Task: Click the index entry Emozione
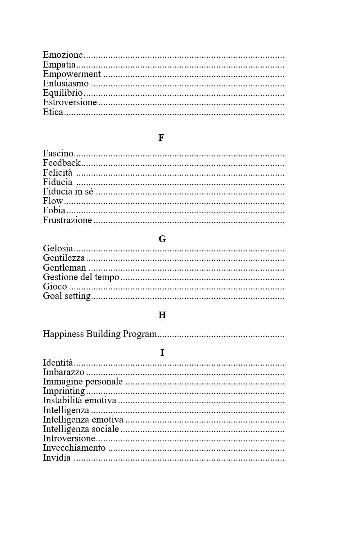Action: tap(63, 55)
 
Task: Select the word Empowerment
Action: tap(72, 74)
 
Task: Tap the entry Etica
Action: tap(53, 112)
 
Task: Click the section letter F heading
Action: tap(161, 138)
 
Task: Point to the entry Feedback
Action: tap(62, 163)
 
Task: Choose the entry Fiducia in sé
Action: tap(68, 192)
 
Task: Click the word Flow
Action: tap(53, 201)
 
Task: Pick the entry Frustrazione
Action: tap(67, 220)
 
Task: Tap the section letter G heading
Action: tap(162, 239)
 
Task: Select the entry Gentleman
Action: tap(65, 268)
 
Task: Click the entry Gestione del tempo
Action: tap(81, 277)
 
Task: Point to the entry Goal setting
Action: tap(67, 296)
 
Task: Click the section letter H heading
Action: tap(162, 315)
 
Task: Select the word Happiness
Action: tap(63, 334)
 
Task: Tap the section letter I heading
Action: tap(162, 353)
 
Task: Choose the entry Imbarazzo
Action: tap(64, 372)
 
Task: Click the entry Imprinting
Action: tap(64, 391)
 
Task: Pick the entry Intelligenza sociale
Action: tap(81, 429)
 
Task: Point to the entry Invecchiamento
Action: tap(74, 448)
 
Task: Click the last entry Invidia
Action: tap(57, 458)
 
